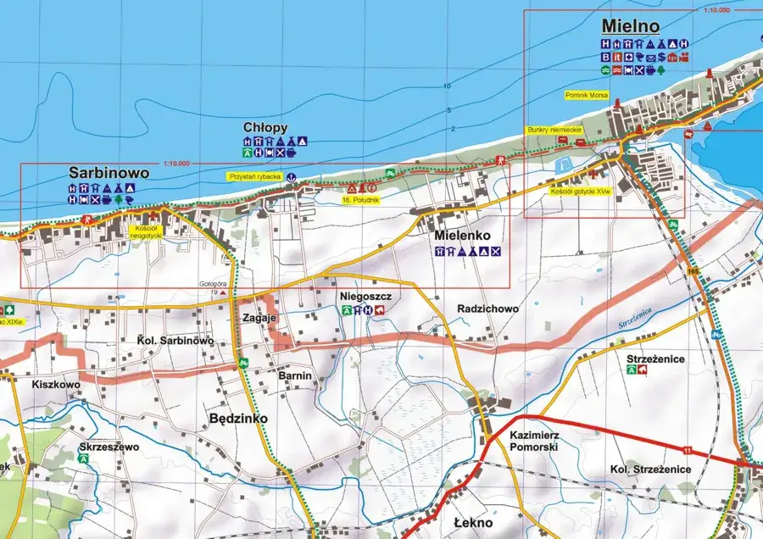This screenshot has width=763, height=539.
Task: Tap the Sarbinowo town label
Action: (109, 173)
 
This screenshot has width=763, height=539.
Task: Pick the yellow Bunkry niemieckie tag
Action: (553, 130)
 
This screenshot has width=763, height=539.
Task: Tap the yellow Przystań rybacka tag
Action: (253, 176)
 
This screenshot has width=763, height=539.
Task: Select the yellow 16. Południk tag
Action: (360, 199)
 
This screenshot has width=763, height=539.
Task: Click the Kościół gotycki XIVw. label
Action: (580, 192)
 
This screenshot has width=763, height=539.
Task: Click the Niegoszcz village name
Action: (365, 297)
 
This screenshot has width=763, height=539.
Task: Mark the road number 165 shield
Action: (694, 270)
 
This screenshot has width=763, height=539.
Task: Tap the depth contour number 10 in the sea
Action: (446, 86)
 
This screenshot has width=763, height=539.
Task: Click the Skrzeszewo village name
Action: (108, 446)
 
